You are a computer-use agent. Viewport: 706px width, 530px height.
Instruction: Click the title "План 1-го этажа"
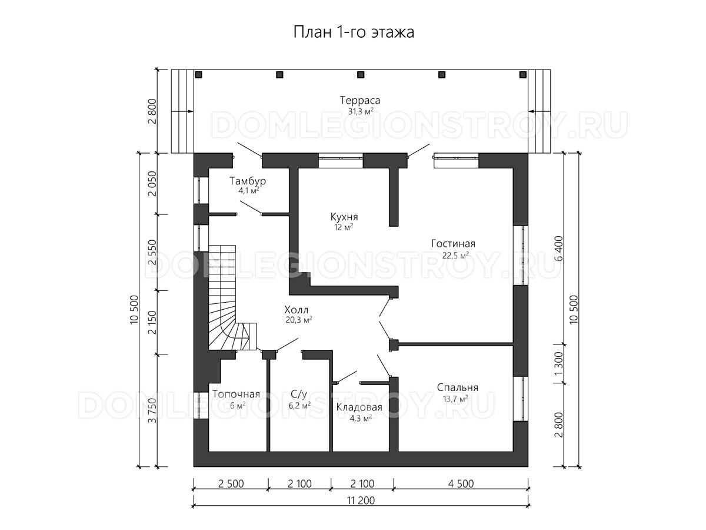click(x=354, y=32)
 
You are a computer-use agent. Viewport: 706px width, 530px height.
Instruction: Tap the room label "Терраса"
click(x=360, y=100)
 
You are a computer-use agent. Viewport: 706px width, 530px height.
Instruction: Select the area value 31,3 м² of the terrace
click(x=361, y=112)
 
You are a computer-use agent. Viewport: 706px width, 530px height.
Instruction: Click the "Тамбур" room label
click(x=248, y=181)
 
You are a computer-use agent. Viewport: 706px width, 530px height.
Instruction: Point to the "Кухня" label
click(x=344, y=217)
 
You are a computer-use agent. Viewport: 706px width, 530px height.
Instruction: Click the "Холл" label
click(x=297, y=310)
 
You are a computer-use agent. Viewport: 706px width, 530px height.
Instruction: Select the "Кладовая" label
click(x=359, y=408)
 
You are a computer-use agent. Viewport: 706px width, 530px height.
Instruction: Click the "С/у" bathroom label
click(x=299, y=394)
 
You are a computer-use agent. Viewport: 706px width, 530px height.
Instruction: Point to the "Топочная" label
click(x=236, y=394)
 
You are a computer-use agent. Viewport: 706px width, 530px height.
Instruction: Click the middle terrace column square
click(x=361, y=75)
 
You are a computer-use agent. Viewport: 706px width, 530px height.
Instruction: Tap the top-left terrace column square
click(x=198, y=75)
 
